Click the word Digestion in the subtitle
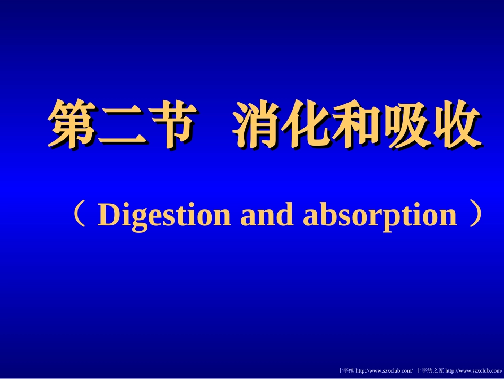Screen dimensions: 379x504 [x=164, y=215]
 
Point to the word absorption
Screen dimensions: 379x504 [x=379, y=215]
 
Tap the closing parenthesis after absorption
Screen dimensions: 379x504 [x=475, y=214]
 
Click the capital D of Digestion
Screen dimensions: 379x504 [x=108, y=215]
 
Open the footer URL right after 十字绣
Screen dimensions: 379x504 [x=384, y=370]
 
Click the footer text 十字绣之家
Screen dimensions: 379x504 [x=430, y=370]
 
